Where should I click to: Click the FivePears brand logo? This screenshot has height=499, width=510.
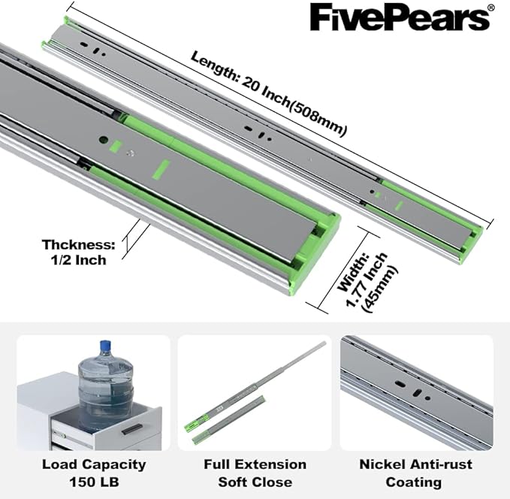click(x=402, y=17)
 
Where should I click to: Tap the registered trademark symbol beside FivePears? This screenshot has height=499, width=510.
click(x=491, y=8)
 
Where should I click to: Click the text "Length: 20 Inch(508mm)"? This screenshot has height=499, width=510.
click(x=269, y=93)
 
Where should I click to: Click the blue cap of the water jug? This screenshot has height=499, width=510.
click(x=105, y=345)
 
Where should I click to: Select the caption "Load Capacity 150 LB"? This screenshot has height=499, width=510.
click(x=94, y=473)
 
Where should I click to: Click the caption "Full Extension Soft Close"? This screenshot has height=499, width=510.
click(x=255, y=473)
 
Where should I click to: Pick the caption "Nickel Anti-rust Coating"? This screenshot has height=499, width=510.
click(x=415, y=473)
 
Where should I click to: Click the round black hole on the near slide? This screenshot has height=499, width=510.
click(x=104, y=140)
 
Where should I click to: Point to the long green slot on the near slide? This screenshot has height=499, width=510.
click(x=161, y=169)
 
